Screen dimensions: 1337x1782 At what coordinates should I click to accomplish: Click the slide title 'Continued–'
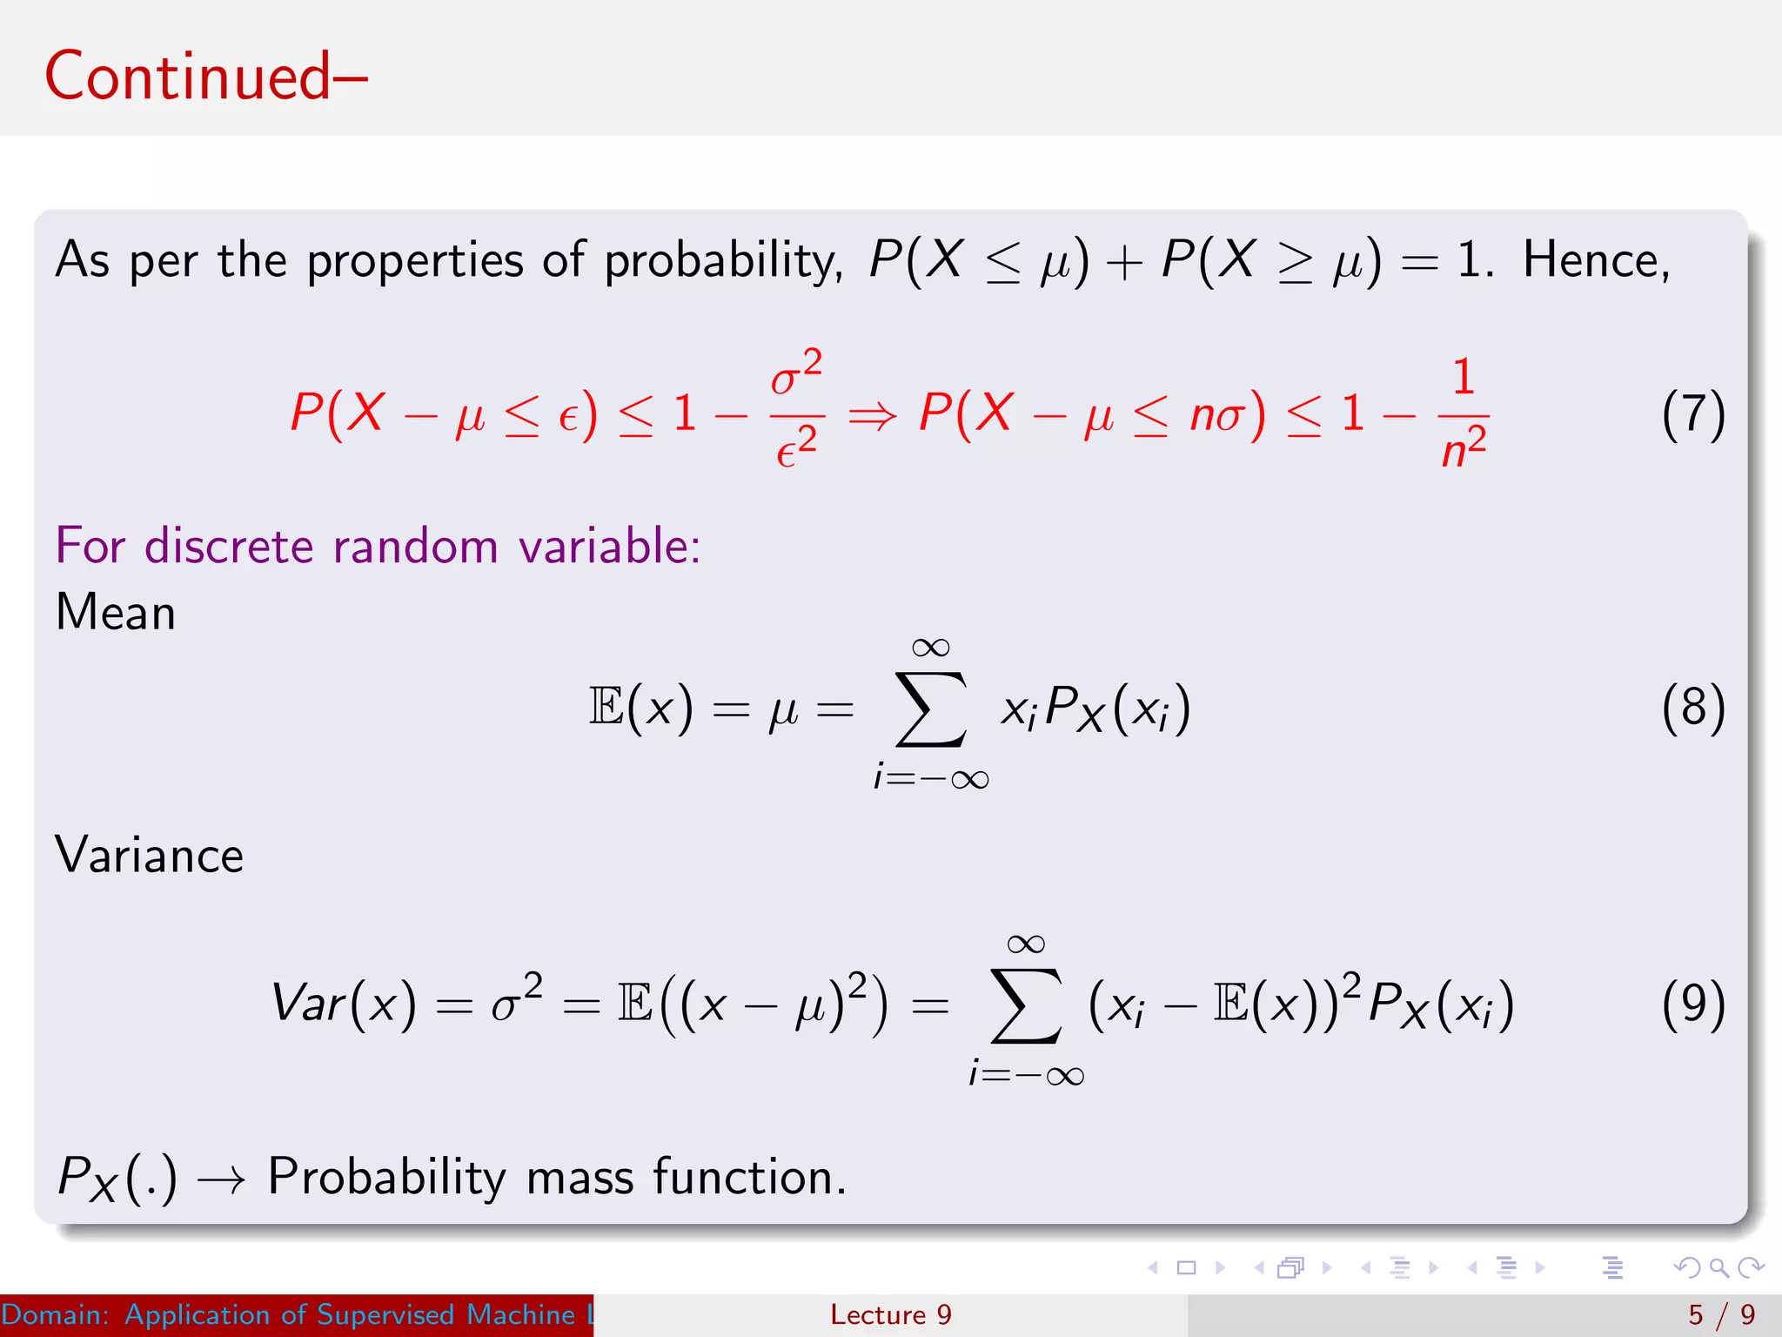click(x=206, y=77)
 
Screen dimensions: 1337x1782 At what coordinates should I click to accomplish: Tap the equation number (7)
click(x=1692, y=414)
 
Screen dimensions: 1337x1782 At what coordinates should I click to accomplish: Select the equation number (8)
click(x=1692, y=707)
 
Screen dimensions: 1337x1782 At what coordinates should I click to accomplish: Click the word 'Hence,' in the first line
click(x=1596, y=260)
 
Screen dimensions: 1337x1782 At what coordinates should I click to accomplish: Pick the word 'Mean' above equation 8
click(x=116, y=612)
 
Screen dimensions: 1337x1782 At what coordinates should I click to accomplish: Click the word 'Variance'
click(x=149, y=855)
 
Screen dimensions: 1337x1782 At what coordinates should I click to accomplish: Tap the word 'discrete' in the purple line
click(x=228, y=547)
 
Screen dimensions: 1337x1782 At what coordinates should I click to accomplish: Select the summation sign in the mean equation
click(x=931, y=709)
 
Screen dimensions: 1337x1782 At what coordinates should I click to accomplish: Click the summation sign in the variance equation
click(x=1027, y=1006)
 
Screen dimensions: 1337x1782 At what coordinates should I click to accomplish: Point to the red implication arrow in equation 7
click(x=872, y=416)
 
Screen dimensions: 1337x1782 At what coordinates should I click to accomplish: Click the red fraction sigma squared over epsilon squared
click(x=796, y=409)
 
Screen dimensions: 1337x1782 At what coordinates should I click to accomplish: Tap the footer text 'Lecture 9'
click(x=890, y=1314)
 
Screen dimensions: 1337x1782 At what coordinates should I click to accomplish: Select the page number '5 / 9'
click(x=1721, y=1314)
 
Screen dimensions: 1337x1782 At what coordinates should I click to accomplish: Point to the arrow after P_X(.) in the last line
click(x=221, y=1180)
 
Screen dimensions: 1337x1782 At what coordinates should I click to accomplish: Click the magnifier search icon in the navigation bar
click(x=1718, y=1267)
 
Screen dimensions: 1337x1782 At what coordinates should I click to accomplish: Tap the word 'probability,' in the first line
click(x=723, y=260)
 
